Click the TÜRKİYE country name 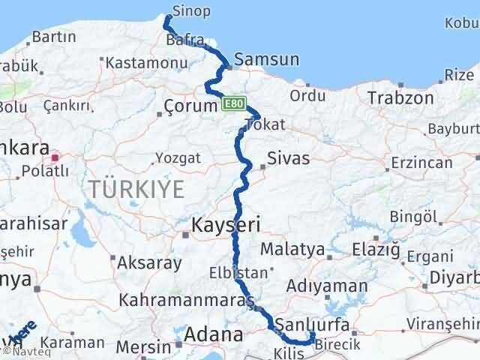tap(136, 189)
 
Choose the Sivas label tap(289, 159)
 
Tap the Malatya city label tap(293, 249)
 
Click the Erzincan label tap(421, 163)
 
